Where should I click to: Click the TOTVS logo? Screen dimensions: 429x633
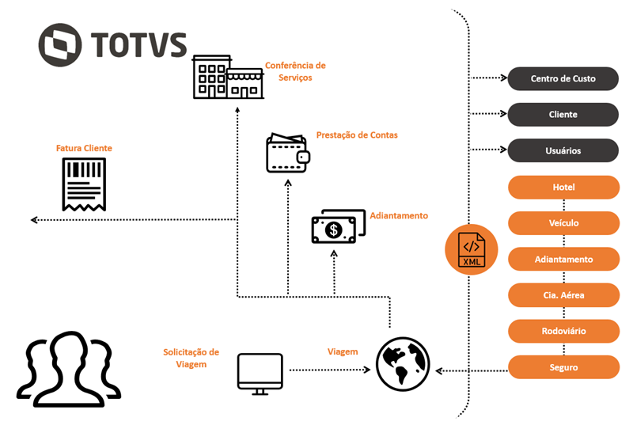point(112,44)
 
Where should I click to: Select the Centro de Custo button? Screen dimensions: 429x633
point(563,79)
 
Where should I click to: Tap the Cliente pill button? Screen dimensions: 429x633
point(563,115)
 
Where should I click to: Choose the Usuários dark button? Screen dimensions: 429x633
point(563,150)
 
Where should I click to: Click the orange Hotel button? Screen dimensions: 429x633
point(563,188)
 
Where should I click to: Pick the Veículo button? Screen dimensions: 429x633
point(563,223)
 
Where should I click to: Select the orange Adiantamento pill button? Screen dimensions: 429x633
point(563,260)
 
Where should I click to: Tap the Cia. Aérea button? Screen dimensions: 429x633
point(563,295)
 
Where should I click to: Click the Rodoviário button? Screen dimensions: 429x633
point(563,331)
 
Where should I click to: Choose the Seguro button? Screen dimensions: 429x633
point(563,367)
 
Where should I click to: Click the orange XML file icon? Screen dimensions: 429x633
point(472,249)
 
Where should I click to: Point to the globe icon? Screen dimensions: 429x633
point(402,364)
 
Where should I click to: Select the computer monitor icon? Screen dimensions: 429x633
point(260,374)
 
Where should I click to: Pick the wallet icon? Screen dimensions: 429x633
point(287,153)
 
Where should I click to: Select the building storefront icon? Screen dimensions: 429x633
point(228,77)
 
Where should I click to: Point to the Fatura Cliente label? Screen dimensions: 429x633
point(84,148)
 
